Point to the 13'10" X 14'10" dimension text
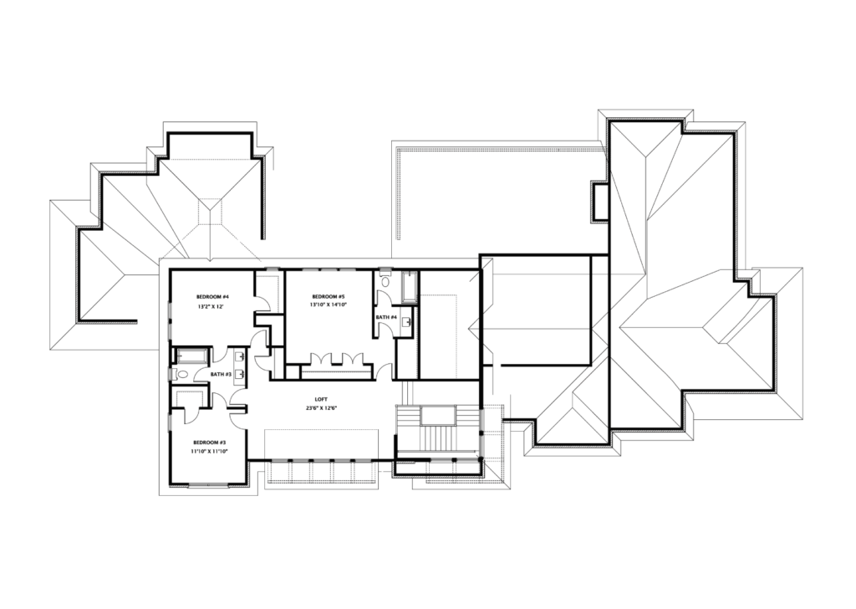329,304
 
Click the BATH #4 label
386,317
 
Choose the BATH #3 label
221,374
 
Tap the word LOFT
321,399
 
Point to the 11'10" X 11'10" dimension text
209,451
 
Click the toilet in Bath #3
181,375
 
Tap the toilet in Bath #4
385,281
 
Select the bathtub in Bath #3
191,356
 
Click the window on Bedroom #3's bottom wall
208,484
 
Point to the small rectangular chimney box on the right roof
600,202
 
